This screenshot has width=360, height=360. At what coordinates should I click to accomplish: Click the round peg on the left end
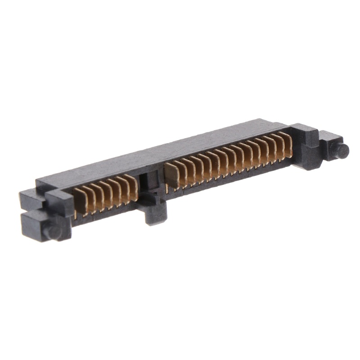(x=53, y=232)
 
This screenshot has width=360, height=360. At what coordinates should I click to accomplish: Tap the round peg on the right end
(x=343, y=150)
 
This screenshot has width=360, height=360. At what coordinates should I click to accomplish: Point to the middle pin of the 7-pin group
(x=107, y=193)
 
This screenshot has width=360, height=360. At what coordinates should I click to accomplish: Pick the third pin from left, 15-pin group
(x=189, y=170)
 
